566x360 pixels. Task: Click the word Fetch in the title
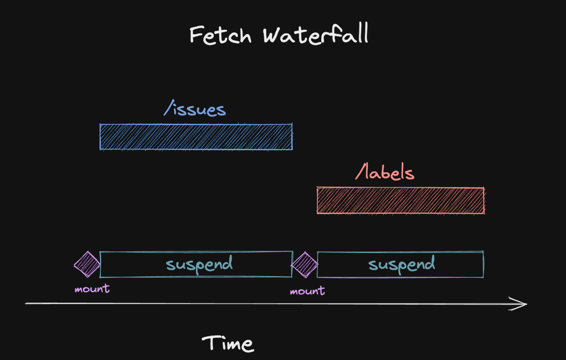[x=220, y=35]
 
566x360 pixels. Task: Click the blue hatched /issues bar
[x=196, y=137]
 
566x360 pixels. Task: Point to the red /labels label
[x=385, y=172]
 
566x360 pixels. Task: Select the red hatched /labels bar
[x=400, y=201]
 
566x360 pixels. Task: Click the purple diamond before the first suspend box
[x=87, y=264]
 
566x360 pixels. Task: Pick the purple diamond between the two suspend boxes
[x=305, y=265]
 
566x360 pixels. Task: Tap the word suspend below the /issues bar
[x=199, y=264]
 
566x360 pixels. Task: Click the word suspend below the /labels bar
[x=401, y=264]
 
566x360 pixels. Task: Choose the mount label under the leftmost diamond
[x=92, y=289]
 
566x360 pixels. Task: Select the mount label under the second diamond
[x=307, y=291]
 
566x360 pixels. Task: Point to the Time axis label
[x=228, y=344]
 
